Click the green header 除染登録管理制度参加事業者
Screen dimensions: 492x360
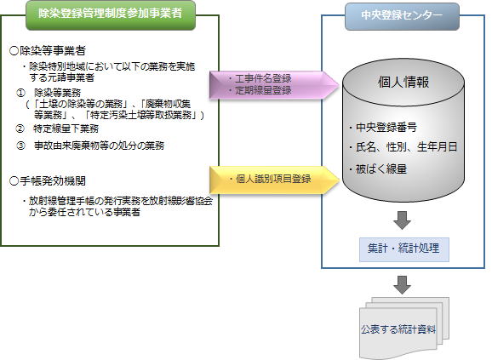click(x=111, y=15)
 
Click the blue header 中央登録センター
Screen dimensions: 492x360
click(x=402, y=16)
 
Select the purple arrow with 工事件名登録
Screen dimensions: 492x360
click(x=274, y=85)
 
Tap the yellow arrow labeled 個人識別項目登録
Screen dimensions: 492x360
click(x=274, y=180)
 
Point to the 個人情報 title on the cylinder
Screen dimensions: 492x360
click(x=403, y=83)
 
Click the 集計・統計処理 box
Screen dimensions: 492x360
click(x=404, y=249)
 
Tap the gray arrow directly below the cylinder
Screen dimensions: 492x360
click(x=402, y=220)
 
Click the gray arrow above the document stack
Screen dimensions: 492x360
click(x=402, y=285)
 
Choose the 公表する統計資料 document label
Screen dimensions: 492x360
click(x=398, y=329)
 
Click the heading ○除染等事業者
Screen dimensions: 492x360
click(x=48, y=51)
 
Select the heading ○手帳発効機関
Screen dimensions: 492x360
click(x=48, y=181)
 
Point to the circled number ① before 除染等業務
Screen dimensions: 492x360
click(x=20, y=93)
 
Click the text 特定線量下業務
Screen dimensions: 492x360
click(x=66, y=129)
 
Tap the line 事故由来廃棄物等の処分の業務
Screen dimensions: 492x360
click(x=99, y=146)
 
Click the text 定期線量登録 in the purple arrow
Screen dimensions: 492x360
click(x=263, y=90)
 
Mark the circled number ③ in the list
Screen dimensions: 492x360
click(x=20, y=146)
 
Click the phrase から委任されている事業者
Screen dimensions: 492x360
click(x=84, y=212)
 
